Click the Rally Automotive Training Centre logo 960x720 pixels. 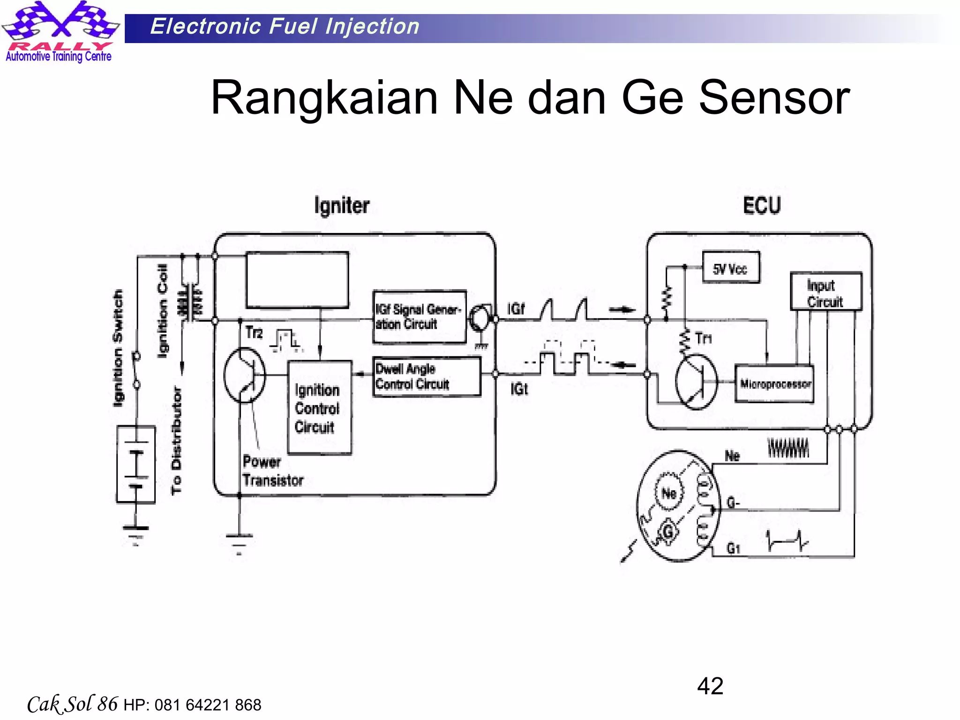(60, 32)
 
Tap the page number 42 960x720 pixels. (710, 686)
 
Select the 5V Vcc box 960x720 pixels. (730, 268)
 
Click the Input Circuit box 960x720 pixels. (825, 292)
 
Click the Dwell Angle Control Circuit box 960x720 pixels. (427, 376)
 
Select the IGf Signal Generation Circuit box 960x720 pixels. (419, 317)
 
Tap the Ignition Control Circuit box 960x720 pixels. (319, 407)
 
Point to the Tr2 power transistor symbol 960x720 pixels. (244, 375)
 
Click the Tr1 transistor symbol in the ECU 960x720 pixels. (696, 382)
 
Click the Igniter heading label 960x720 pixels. (342, 206)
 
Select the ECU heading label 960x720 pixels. (762, 206)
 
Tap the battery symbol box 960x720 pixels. (136, 464)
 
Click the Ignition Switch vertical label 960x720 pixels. (118, 347)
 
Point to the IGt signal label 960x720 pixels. (519, 389)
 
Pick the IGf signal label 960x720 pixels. (516, 309)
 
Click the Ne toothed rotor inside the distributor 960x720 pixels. (669, 492)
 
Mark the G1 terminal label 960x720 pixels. (733, 548)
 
